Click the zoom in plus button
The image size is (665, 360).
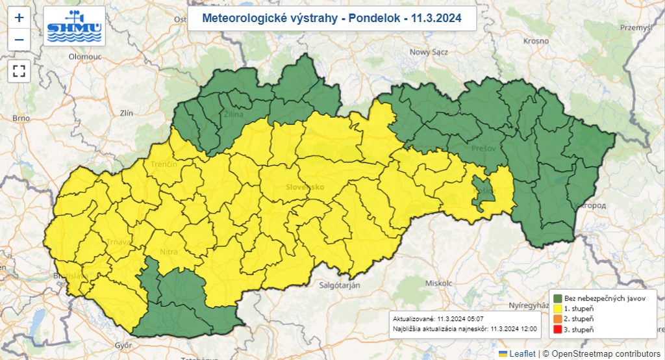coord(19,18)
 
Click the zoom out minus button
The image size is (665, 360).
coord(19,40)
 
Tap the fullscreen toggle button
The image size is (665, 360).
coord(19,70)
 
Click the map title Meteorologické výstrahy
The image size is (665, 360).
coord(332,19)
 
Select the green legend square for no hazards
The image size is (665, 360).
coord(557,298)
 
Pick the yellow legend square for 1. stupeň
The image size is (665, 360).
coord(557,308)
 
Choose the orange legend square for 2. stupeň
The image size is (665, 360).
coord(557,319)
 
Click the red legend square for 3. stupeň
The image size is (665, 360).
coord(557,330)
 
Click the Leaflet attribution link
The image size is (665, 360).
coord(521,354)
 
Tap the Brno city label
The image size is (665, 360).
coord(21,118)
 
